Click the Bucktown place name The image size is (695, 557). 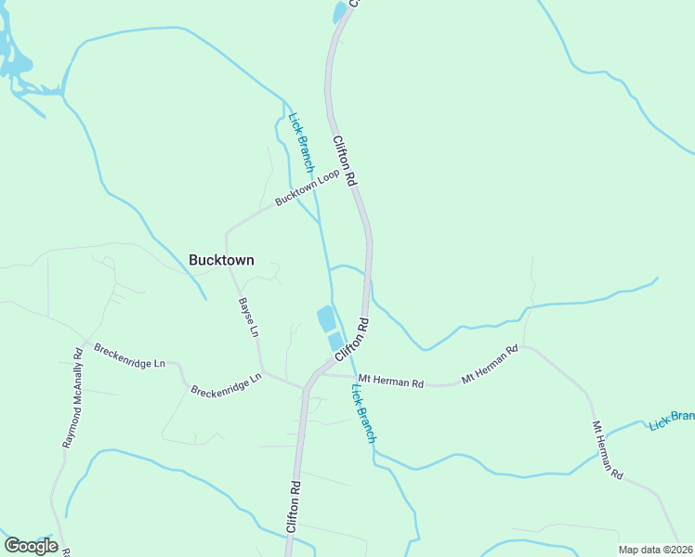point(221,261)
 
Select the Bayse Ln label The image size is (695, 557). point(249,317)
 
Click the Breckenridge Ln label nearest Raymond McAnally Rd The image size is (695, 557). point(129,356)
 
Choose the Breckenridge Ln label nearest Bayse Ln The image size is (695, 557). point(222,385)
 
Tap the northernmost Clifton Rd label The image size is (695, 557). point(345,162)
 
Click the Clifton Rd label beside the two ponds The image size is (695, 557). point(353,340)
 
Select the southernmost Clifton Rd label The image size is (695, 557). point(294,507)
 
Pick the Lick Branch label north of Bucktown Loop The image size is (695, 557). point(302,143)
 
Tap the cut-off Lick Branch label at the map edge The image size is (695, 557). point(672,419)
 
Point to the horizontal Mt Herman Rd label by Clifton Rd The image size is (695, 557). point(391,382)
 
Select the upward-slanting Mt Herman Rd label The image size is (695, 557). point(489,366)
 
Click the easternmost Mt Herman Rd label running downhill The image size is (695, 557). point(609,450)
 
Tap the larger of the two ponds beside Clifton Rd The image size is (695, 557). point(327,318)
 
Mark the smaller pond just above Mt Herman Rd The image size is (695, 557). point(336,342)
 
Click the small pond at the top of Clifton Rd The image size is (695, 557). point(340,13)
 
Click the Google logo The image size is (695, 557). point(31,546)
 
